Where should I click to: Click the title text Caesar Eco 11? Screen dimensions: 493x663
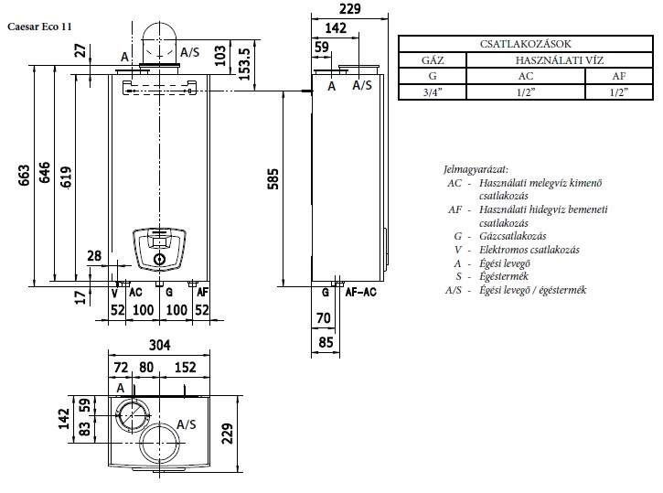point(39,27)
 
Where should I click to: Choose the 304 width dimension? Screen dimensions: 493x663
point(160,346)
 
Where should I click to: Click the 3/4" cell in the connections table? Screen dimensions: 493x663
point(433,91)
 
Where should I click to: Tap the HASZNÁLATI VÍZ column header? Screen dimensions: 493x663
point(559,59)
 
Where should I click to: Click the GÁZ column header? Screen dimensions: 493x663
point(433,59)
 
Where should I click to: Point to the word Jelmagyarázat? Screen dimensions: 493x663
point(475,169)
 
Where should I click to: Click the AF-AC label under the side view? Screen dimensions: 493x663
point(361,294)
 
